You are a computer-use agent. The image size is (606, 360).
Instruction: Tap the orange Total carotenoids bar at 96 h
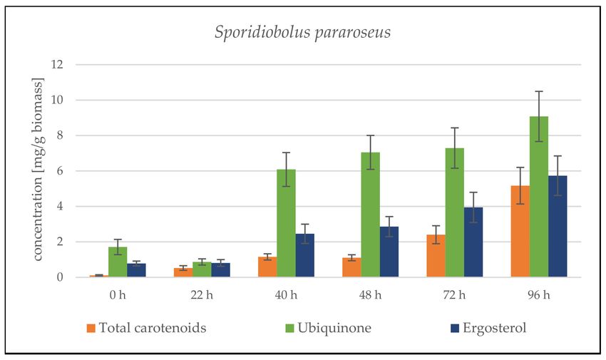click(x=520, y=232)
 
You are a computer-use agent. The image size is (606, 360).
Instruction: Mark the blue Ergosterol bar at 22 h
click(x=220, y=270)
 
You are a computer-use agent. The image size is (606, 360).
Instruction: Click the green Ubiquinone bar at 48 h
click(x=371, y=215)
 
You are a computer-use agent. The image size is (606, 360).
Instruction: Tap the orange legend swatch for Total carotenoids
click(x=91, y=328)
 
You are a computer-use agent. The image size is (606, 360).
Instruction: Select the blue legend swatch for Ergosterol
click(x=435, y=328)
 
